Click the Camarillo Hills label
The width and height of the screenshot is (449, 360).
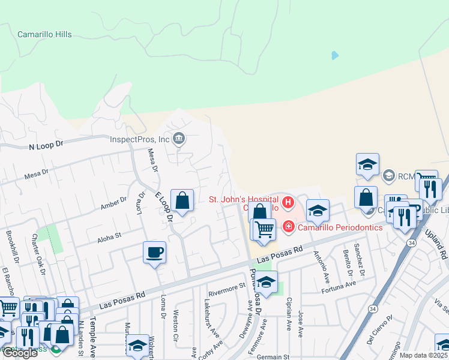(44, 35)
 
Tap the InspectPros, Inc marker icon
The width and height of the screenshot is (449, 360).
(178, 140)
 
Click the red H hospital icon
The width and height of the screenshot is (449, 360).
(288, 203)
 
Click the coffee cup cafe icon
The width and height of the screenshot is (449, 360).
(154, 252)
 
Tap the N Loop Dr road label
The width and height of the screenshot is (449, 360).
(46, 146)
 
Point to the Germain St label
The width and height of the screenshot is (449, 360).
(273, 357)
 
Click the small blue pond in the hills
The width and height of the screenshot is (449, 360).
(334, 55)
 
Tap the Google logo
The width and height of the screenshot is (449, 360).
(19, 353)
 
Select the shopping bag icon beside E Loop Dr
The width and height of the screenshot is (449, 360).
(182, 200)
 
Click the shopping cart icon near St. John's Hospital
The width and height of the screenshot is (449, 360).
(263, 229)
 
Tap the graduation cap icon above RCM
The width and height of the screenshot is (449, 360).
(367, 164)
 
